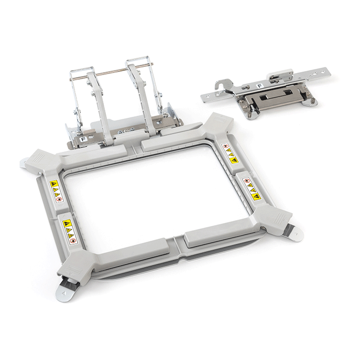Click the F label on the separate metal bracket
click(x=260, y=86)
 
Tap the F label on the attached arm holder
click(x=83, y=138)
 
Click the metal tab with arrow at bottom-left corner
click(x=66, y=289)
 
